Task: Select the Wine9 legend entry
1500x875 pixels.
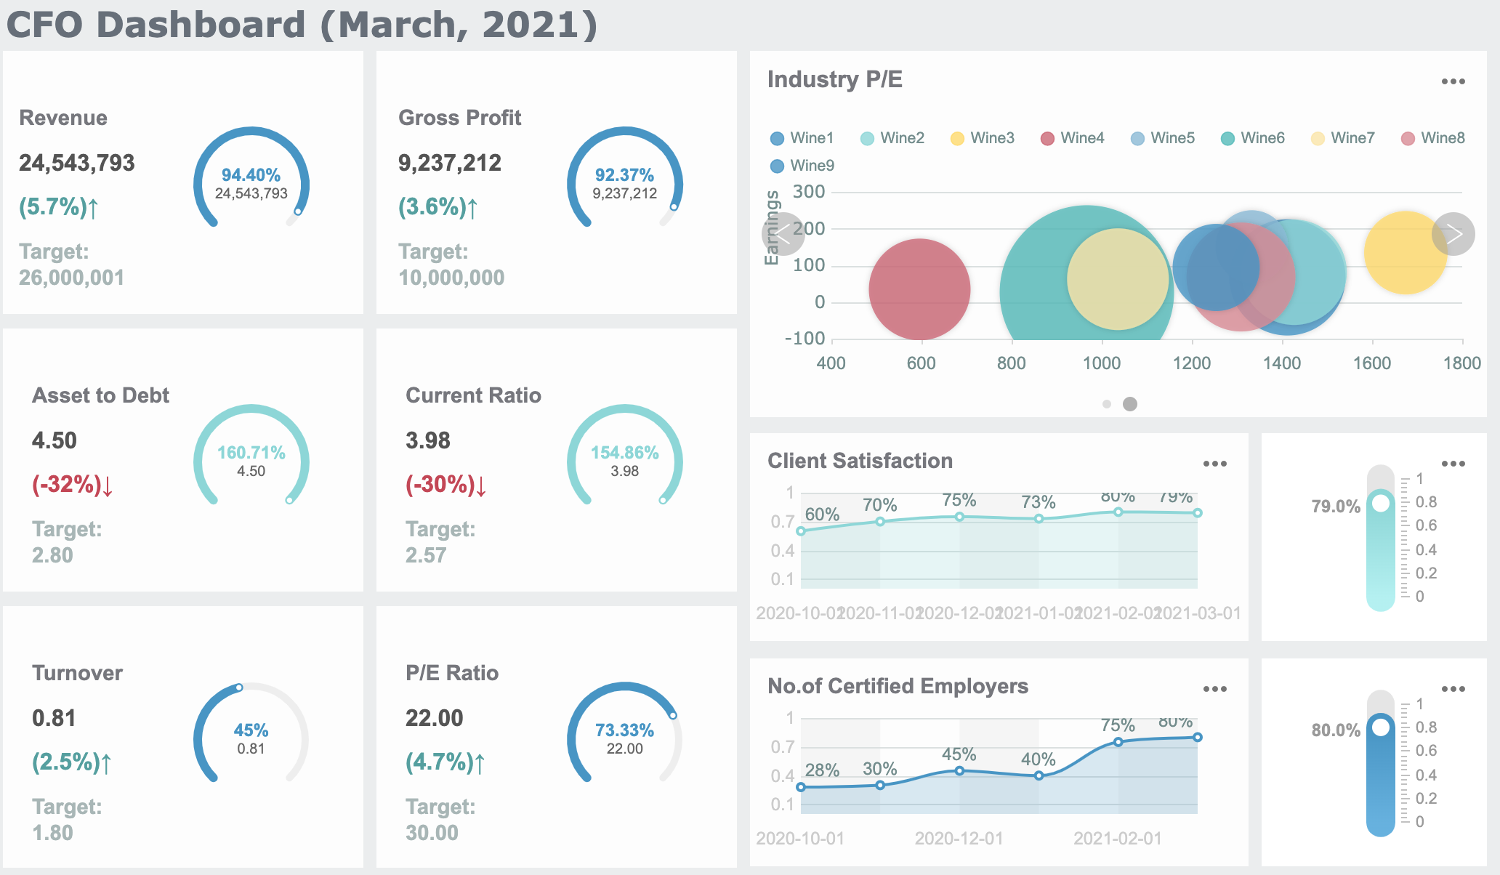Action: coord(802,166)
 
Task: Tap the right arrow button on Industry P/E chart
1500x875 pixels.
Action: coord(1453,234)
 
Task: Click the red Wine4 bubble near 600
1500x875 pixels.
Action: coord(919,289)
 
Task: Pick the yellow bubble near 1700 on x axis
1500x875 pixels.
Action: coord(1406,252)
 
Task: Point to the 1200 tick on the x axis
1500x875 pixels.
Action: coord(1192,363)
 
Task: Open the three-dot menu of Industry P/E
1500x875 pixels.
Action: coord(1453,82)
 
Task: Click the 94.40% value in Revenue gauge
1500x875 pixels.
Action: coord(251,175)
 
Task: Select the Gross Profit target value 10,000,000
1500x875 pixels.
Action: coord(451,278)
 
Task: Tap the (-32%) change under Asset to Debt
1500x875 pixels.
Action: coord(73,485)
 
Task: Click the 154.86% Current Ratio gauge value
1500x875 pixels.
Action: coord(624,453)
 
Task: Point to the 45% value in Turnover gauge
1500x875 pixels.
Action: coord(251,730)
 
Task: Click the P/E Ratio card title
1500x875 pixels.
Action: coord(452,673)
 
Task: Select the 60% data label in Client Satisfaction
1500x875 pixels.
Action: coord(822,515)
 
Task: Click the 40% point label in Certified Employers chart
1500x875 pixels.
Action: coord(1038,759)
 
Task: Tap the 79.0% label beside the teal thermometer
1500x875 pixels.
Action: coord(1335,507)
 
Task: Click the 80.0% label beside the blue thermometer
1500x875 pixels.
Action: coord(1335,730)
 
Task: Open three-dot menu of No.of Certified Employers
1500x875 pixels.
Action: coord(1214,689)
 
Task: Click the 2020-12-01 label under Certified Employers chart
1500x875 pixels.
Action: coord(959,839)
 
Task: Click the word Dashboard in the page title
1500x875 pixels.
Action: coord(201,25)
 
